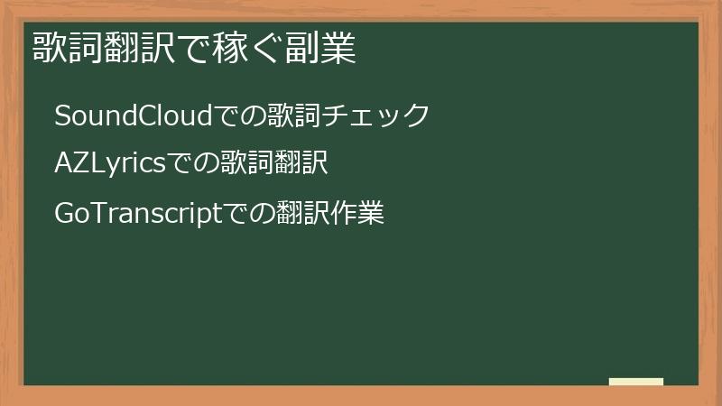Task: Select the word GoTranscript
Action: [138, 214]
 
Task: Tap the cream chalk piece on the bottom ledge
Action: [636, 382]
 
